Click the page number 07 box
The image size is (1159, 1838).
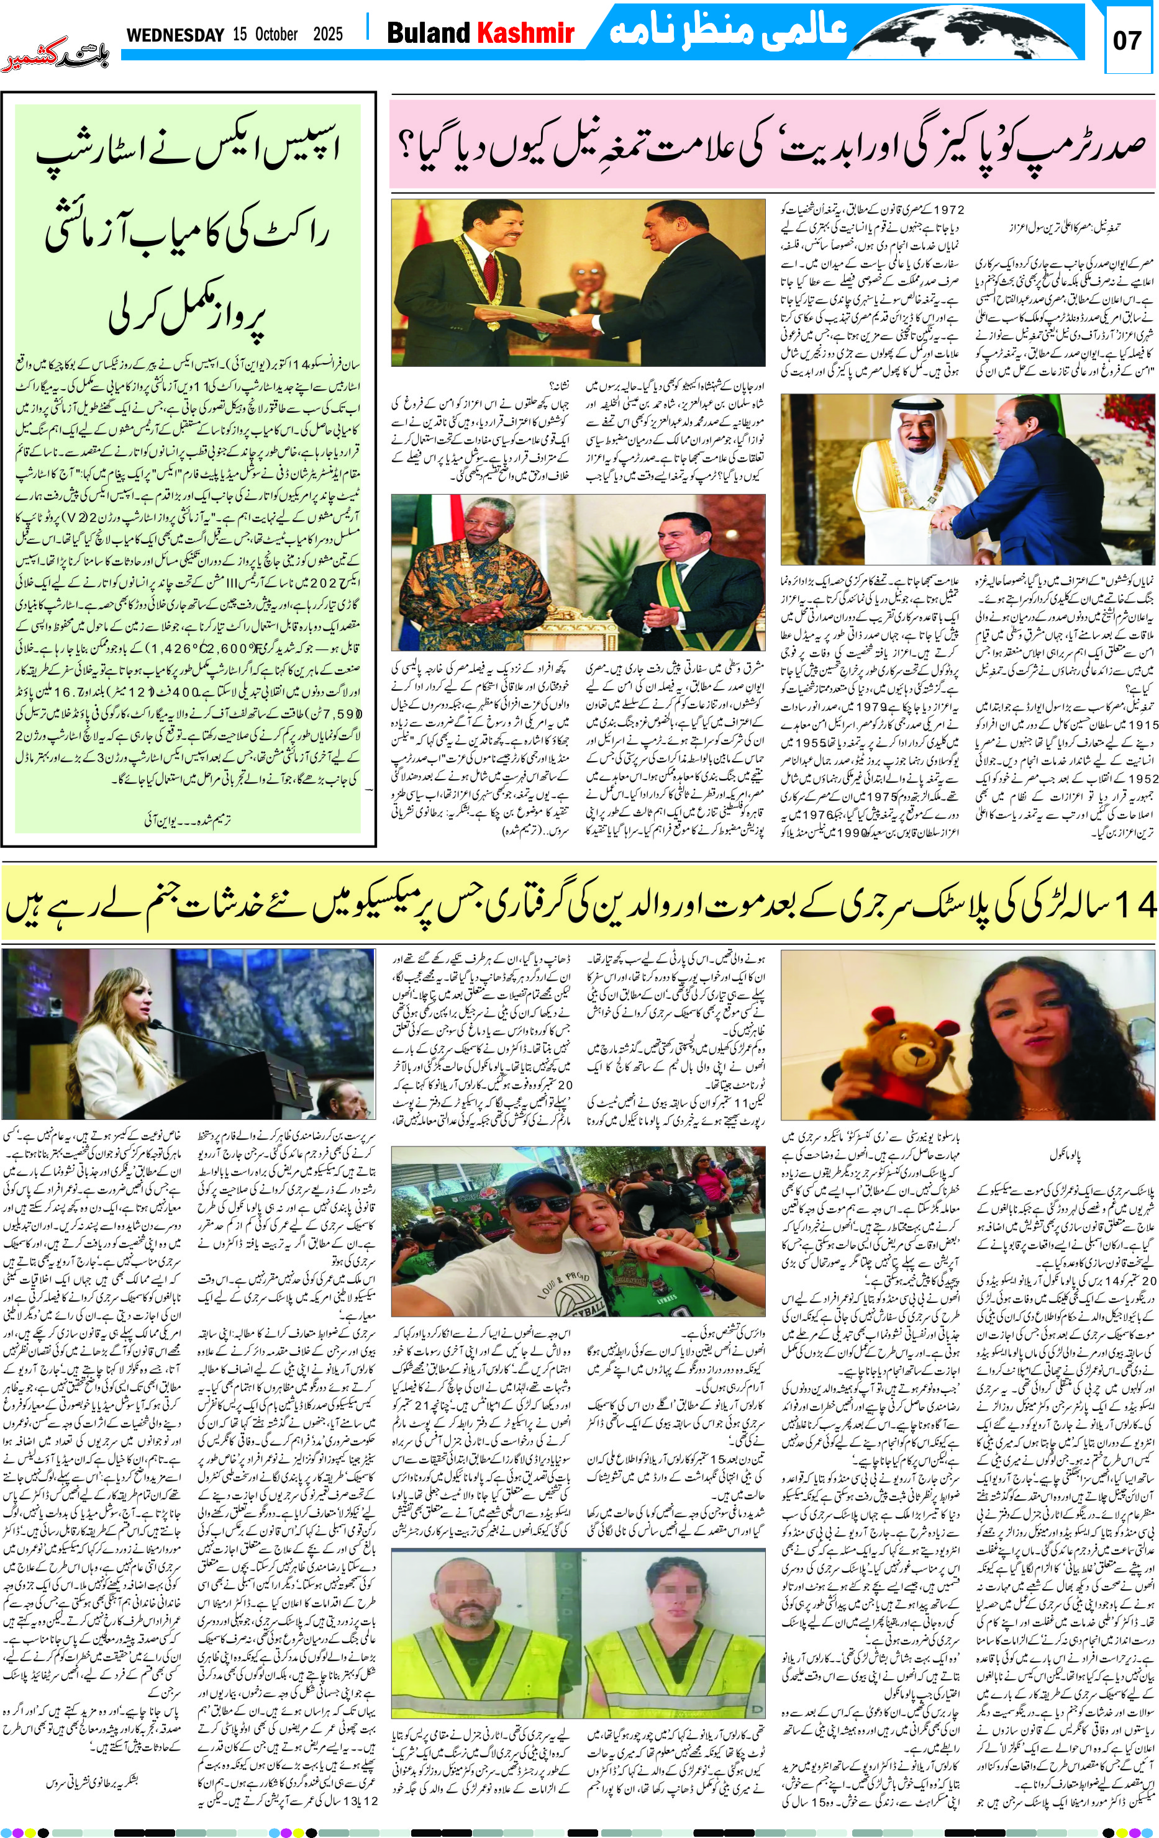1126,40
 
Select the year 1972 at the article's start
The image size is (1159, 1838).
947,209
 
